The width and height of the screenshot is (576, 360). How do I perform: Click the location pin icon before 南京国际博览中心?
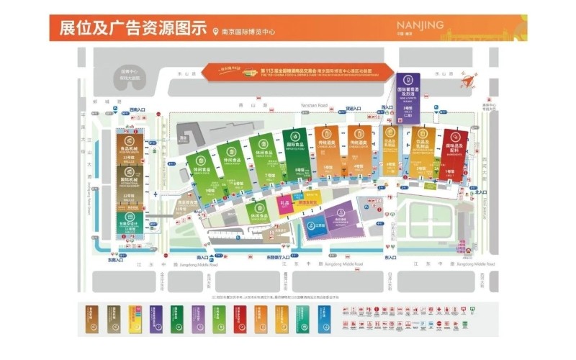pyautogui.click(x=215, y=31)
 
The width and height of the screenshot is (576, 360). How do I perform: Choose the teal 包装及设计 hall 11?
pyautogui.click(x=130, y=219)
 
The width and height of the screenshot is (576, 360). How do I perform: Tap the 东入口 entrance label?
pyautogui.click(x=391, y=257)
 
